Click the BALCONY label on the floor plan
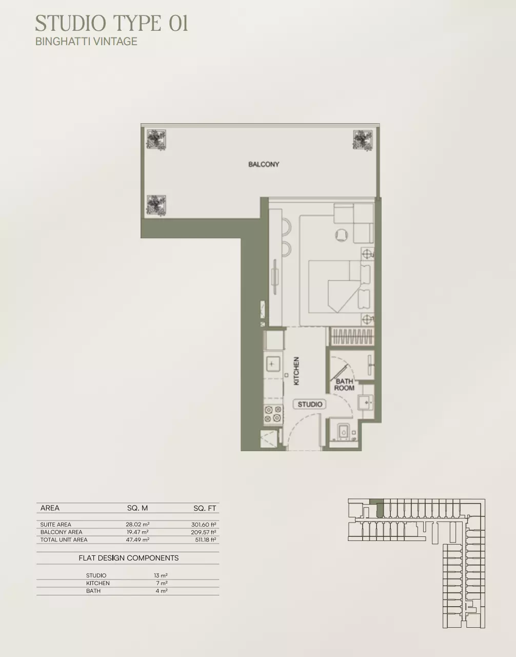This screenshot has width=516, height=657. pos(264,164)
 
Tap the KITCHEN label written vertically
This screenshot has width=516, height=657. pos(296,371)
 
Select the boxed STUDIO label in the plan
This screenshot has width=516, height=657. pos(310,404)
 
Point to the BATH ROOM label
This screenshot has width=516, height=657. pos(344,384)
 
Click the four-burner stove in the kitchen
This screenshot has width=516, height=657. pos(273,414)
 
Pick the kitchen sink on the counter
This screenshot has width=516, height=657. pos(273,364)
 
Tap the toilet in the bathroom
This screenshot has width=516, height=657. pos(343,432)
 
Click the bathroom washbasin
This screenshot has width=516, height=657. pos(366,402)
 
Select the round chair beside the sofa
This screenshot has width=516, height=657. pos(341,235)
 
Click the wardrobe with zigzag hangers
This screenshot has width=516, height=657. pos(352,336)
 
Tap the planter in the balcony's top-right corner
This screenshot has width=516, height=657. pos(363,140)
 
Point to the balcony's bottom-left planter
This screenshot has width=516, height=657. pos(156,205)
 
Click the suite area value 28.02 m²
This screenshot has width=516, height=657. pos(138,524)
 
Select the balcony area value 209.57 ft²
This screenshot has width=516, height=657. pos(203,532)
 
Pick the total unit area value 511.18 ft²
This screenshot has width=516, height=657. pos(206,539)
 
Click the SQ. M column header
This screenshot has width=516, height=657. pos(137,508)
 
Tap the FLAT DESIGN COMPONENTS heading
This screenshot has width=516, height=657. pos(129,558)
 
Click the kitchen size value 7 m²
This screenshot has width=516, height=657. pos(162,583)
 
